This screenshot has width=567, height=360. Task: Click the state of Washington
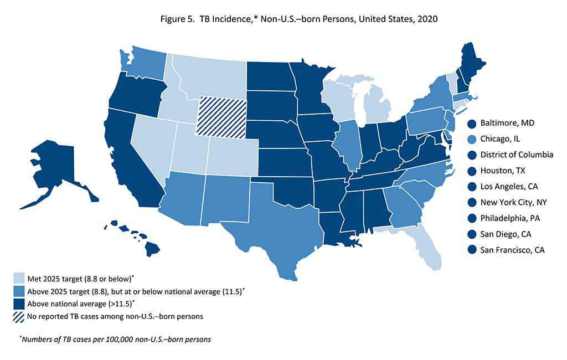141,66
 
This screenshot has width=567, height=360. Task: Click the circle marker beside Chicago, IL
472,139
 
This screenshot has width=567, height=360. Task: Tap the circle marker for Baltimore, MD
472,123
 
